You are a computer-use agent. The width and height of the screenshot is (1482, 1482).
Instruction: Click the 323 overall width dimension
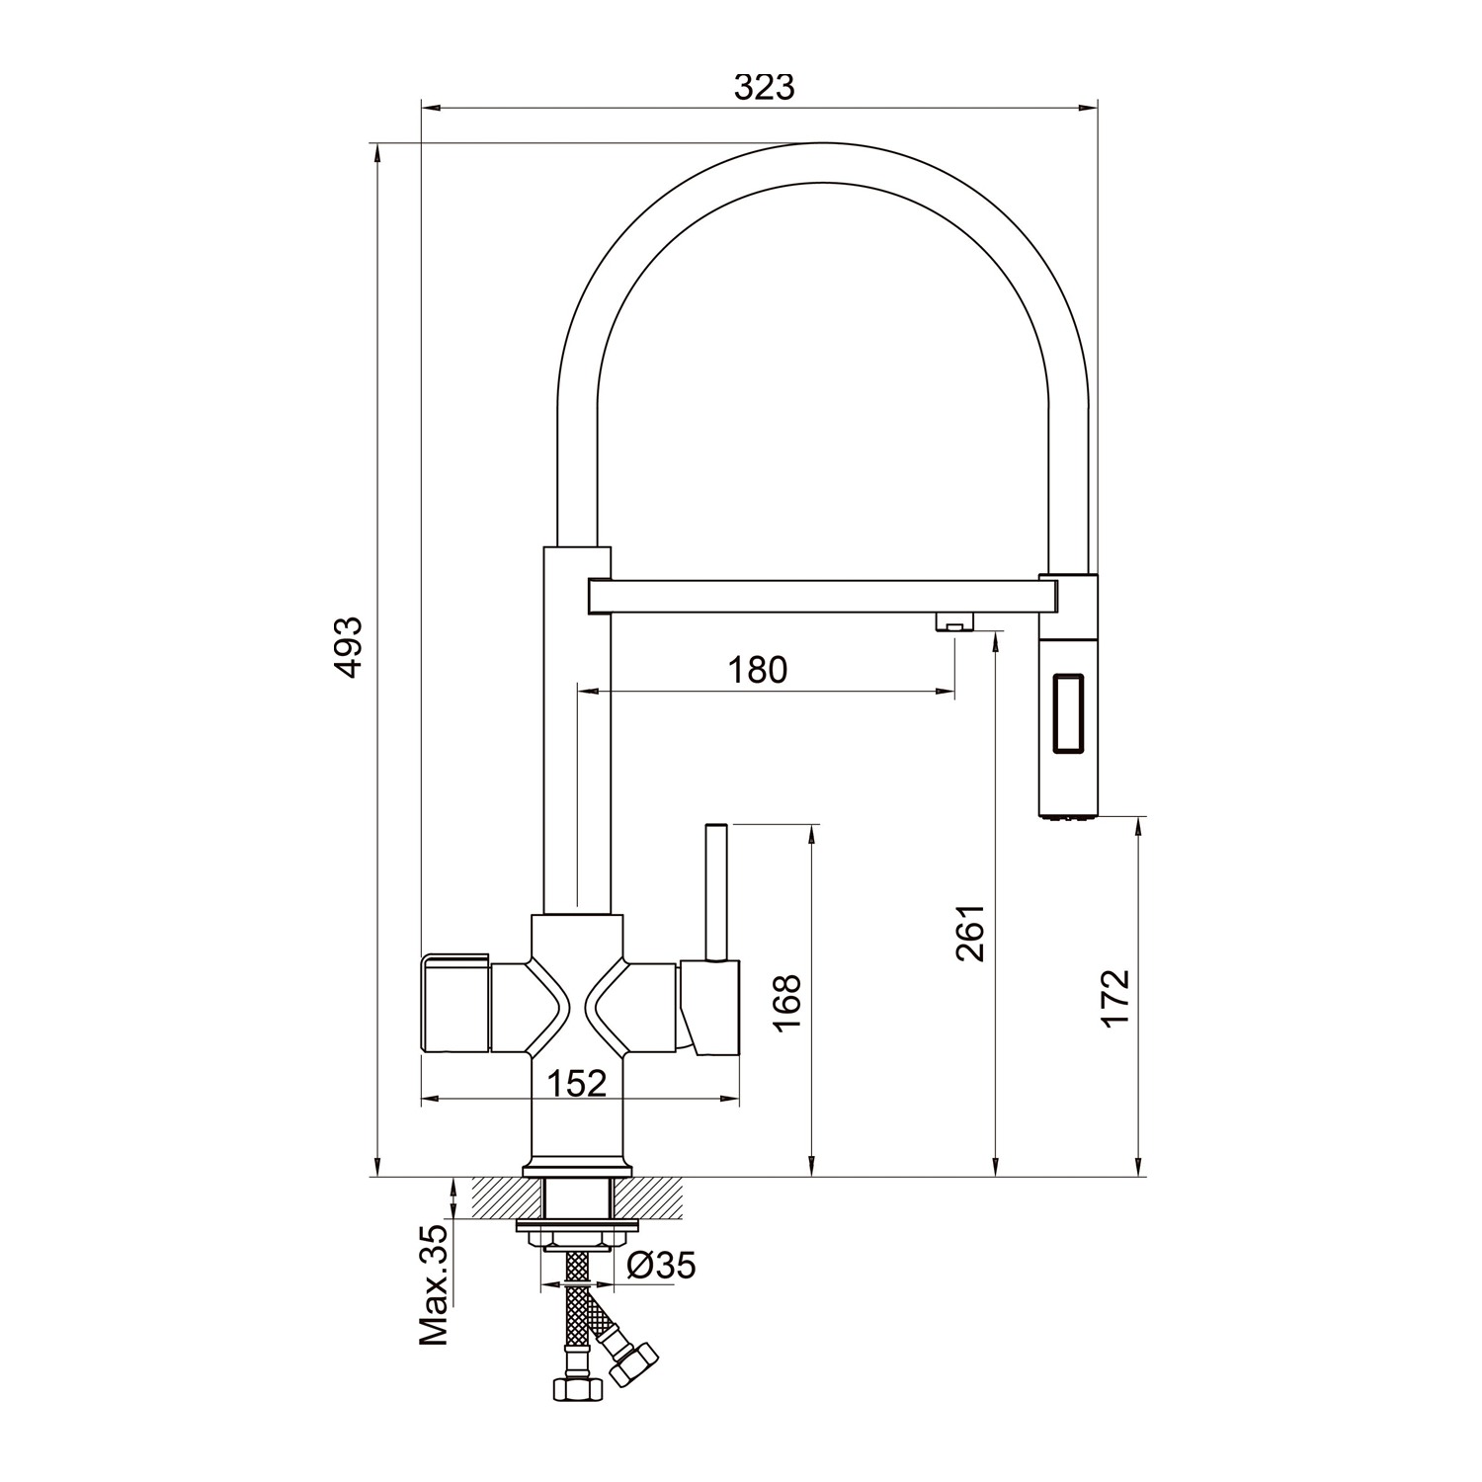click(x=764, y=88)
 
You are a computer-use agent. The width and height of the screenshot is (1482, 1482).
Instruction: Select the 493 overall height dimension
click(x=348, y=647)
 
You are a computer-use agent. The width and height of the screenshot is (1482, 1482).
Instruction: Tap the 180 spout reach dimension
click(x=758, y=670)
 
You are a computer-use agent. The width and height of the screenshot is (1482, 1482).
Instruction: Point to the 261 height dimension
click(x=971, y=932)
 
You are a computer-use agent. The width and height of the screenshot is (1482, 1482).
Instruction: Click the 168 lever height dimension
click(x=786, y=1003)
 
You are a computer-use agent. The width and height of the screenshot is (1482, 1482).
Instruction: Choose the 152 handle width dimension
click(x=577, y=1083)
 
